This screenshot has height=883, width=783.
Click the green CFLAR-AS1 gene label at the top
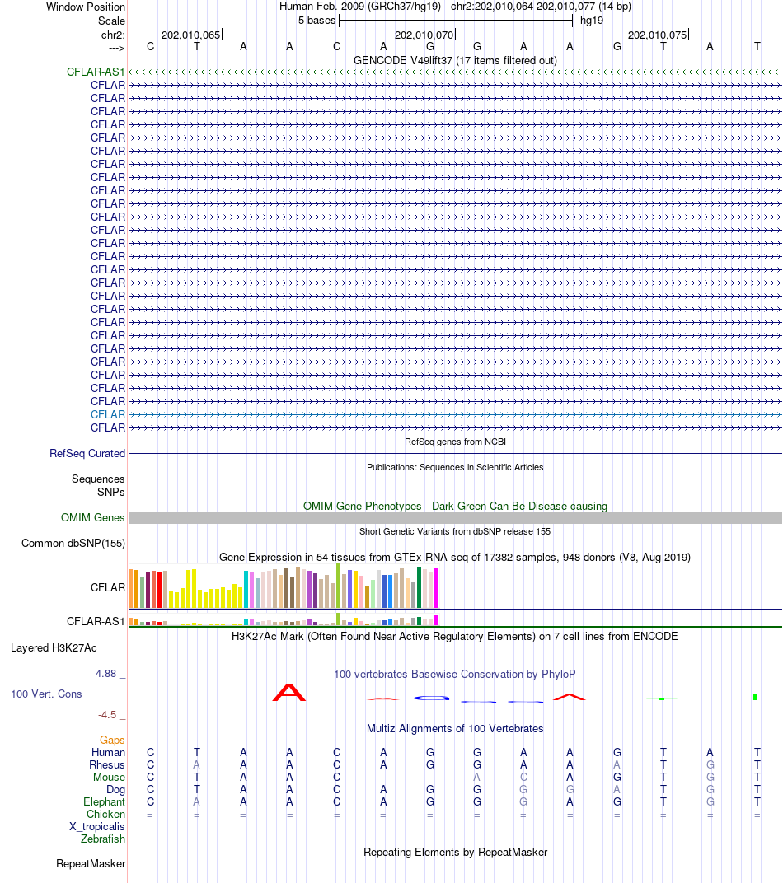pyautogui.click(x=96, y=72)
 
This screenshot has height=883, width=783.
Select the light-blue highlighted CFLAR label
pyautogui.click(x=108, y=414)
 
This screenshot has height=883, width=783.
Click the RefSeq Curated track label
pyautogui.click(x=87, y=453)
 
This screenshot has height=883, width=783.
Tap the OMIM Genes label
pyautogui.click(x=93, y=517)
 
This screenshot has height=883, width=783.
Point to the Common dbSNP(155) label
pyautogui.click(x=73, y=544)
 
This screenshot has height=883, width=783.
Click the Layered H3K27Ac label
pyautogui.click(x=54, y=648)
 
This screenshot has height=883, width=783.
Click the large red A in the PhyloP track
pyautogui.click(x=289, y=693)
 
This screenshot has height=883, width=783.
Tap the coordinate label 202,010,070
pyautogui.click(x=424, y=35)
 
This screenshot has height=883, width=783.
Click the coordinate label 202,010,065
pyautogui.click(x=190, y=35)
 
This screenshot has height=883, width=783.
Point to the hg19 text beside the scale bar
pyautogui.click(x=592, y=21)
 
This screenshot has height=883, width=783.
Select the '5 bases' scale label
pyautogui.click(x=316, y=21)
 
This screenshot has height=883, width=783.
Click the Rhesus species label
pyautogui.click(x=107, y=764)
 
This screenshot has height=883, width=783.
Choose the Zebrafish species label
pyautogui.click(x=102, y=839)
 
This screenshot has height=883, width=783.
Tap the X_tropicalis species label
pyautogui.click(x=97, y=827)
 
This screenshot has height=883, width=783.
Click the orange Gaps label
pyautogui.click(x=112, y=740)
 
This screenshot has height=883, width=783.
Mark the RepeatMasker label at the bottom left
pyautogui.click(x=91, y=864)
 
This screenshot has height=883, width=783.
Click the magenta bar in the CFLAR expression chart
pyautogui.click(x=436, y=588)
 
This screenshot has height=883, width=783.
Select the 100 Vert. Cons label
pyautogui.click(x=46, y=694)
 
